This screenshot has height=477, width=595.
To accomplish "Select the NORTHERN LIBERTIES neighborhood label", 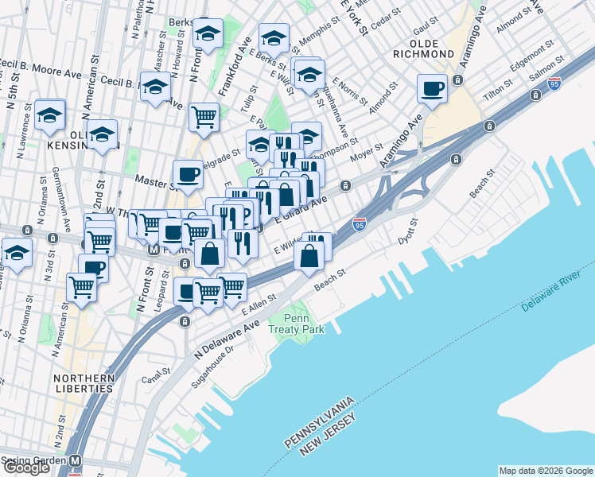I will click(83, 382).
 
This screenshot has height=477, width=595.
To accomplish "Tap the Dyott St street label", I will click(406, 231).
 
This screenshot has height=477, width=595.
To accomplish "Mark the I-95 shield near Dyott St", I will click(360, 224).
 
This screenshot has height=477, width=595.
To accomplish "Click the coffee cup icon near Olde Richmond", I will click(432, 89).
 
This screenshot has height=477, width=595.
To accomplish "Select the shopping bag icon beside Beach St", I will click(309, 256).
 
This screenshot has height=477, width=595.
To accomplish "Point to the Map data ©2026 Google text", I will click(545, 471).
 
